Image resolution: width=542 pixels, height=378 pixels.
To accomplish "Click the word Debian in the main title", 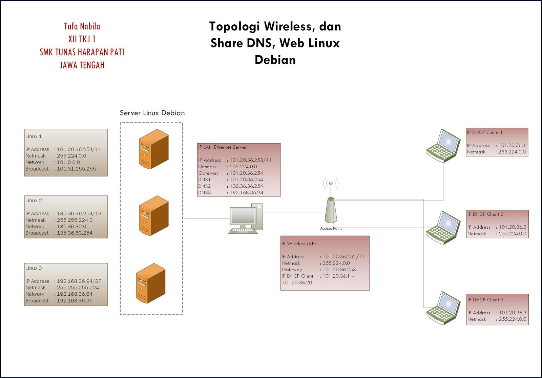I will click(x=275, y=60).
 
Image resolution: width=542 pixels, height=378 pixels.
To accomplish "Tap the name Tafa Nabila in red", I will click(x=82, y=26).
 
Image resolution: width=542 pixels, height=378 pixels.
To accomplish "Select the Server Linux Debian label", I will click(x=152, y=113).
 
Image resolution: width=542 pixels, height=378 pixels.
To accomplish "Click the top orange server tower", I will click(x=154, y=149).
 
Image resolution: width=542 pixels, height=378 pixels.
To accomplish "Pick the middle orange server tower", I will click(x=154, y=215).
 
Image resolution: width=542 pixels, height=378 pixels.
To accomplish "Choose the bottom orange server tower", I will click(x=151, y=283).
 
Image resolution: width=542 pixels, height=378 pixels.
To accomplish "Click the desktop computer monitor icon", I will click(x=243, y=217).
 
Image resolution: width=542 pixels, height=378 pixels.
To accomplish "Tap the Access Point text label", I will click(x=331, y=229).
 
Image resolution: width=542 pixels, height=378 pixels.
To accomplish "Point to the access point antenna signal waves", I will click(x=331, y=184).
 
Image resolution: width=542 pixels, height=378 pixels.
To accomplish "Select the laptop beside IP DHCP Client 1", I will click(x=443, y=146).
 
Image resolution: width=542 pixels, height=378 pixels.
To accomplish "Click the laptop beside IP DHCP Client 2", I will click(x=443, y=227).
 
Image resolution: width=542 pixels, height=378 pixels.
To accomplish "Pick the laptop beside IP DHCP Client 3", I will click(x=443, y=308).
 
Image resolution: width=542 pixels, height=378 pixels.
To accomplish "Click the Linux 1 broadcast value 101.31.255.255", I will click(x=76, y=169).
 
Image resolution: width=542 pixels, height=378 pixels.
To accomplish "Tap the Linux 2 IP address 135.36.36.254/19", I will click(x=79, y=214).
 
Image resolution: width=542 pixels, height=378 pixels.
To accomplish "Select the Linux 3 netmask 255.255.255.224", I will click(x=78, y=288).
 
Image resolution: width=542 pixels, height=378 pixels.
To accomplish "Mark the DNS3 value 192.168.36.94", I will click(x=246, y=193).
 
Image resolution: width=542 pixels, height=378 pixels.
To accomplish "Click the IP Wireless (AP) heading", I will click(x=298, y=244).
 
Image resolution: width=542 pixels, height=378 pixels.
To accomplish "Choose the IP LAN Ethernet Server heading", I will click(x=222, y=147).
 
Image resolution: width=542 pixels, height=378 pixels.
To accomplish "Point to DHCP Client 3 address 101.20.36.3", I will click(x=513, y=313).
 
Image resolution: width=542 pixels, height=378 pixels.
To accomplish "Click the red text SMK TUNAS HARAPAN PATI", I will click(x=82, y=52).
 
